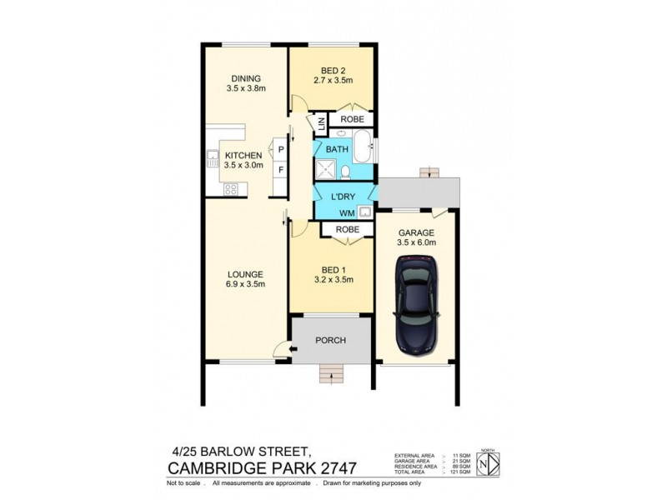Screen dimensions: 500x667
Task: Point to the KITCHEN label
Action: [243, 155]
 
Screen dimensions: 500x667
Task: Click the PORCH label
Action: [331, 340]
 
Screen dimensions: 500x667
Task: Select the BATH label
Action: [337, 150]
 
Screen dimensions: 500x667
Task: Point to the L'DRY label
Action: [343, 197]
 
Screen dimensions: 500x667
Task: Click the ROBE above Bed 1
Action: [347, 229]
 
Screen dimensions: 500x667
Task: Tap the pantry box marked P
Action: [282, 150]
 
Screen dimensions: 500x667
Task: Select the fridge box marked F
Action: [282, 170]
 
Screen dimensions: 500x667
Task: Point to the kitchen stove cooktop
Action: [230, 188]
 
